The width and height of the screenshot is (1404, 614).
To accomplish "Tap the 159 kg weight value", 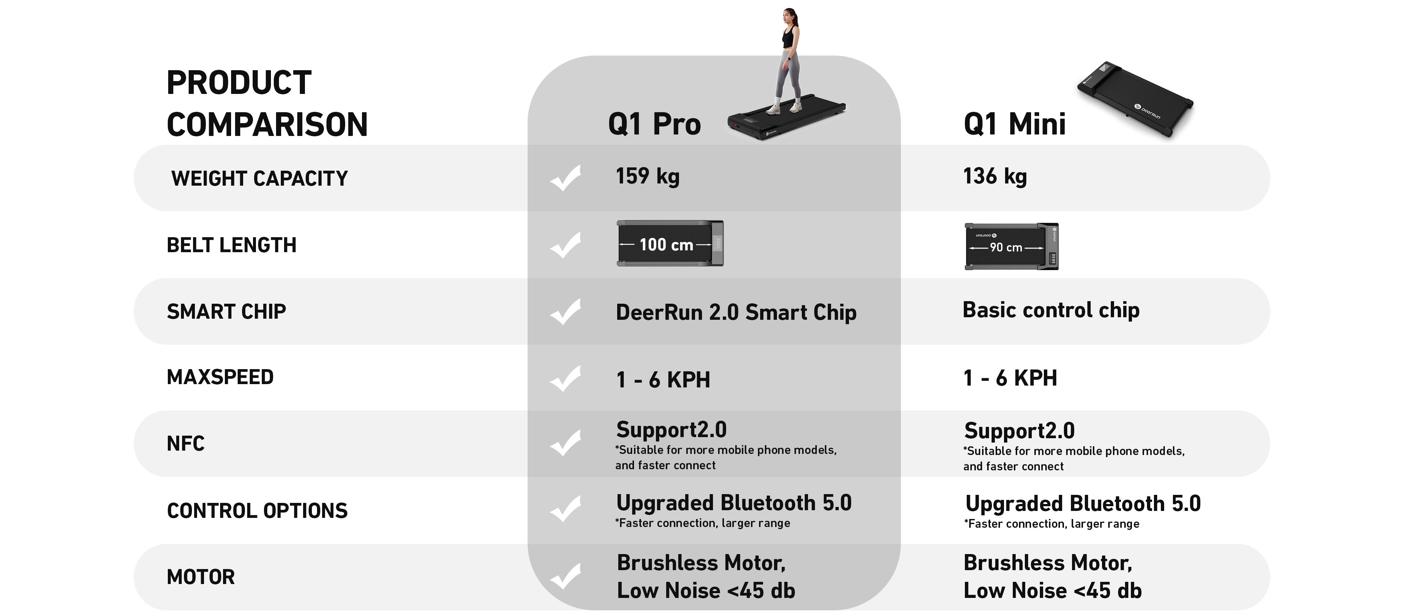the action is pos(648,177).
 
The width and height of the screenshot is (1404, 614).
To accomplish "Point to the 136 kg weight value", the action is pos(994,177).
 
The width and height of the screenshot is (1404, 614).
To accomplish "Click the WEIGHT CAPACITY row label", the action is pos(260,178).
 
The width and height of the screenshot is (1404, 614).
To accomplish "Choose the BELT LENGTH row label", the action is pos(232,245).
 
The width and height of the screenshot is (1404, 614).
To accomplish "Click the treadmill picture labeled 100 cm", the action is pos(670,243).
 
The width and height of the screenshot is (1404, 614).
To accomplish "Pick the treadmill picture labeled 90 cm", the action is pos(1012,246).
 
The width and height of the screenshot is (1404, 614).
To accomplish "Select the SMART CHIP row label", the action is pos(226,312).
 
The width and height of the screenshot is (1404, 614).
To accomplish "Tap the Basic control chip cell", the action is pos(1051,310).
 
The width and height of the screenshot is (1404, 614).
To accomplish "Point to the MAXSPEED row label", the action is pos(220,377).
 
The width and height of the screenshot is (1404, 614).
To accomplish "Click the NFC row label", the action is pos(185,443).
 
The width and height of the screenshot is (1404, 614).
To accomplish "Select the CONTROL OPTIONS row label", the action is pos(257,511).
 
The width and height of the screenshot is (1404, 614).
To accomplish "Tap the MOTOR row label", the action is pos(201,577).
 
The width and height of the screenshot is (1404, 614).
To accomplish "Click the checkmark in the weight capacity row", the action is pos(565,178).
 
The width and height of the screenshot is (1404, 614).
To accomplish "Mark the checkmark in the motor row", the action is pos(565,576).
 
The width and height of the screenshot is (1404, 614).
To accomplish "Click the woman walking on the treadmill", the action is pos(788,61).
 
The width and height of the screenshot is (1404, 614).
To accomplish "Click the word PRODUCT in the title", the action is pos(239,83).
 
